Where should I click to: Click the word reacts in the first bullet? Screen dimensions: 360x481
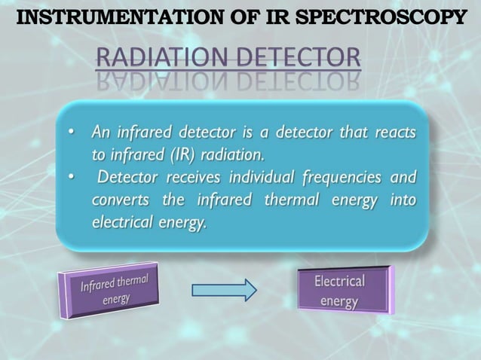coord(394,133)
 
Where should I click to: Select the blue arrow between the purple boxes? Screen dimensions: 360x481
coord(224,290)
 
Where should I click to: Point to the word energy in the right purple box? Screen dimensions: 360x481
coord(339,301)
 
